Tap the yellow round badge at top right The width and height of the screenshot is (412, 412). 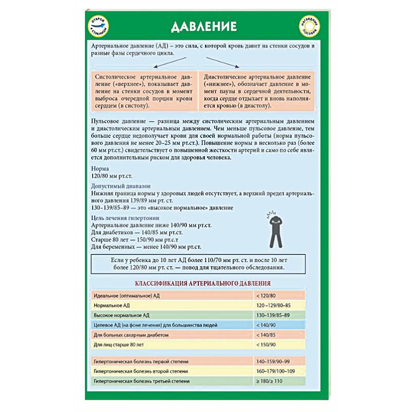pyautogui.click(x=309, y=25)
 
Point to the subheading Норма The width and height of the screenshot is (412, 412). pyautogui.click(x=99, y=168)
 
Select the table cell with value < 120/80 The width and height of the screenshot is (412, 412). pyautogui.click(x=279, y=296)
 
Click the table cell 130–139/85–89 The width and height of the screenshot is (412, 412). pyautogui.click(x=279, y=315)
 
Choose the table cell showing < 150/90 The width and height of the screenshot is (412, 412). pyautogui.click(x=279, y=344)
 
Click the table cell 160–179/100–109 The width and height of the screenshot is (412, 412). pyautogui.click(x=279, y=371)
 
